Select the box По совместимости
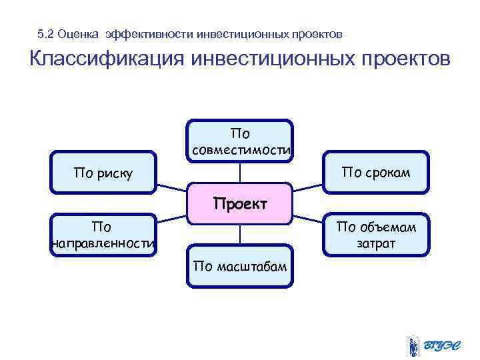240,141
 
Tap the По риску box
103,173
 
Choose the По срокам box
376,173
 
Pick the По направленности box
103,235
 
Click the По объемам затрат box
376,235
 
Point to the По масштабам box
240,267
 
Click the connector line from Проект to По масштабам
240,235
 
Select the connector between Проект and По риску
172,183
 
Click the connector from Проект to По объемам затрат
308,219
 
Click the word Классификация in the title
106,59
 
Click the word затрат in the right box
376,244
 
